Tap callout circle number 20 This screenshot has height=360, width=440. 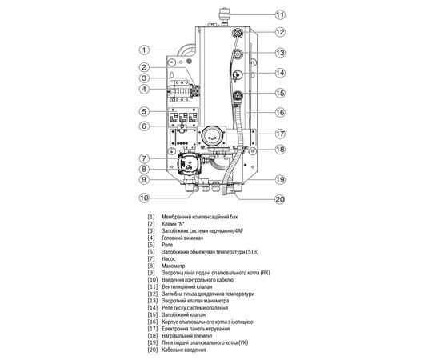279,200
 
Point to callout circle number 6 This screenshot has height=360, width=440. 143,126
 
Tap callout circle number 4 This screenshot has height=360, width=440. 143,89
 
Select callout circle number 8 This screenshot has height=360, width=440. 143,170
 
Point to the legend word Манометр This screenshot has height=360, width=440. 178,267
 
